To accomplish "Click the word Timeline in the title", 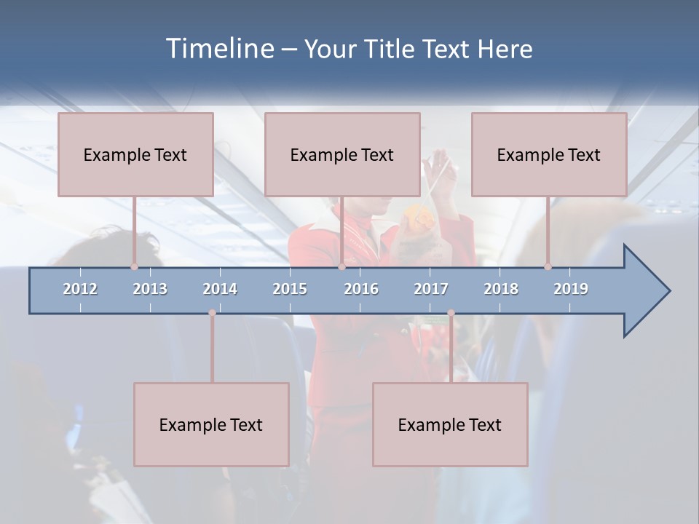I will coord(218,49).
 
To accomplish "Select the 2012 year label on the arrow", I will coord(80,289).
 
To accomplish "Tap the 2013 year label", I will coord(150,289).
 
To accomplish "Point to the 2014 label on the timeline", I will coord(220,289).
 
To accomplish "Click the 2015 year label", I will coord(290,289).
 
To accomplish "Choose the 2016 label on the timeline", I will coord(361,289).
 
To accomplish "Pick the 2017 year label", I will coord(431,289).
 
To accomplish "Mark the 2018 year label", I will coord(501,289).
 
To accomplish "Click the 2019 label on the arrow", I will coord(571,289).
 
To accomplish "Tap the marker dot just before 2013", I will coord(134,266).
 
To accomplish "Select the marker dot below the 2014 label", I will coord(212,313).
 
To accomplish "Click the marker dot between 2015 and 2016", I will coord(341,266).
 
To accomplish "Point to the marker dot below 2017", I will coord(451,313).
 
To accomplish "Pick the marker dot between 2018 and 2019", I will coord(548,266).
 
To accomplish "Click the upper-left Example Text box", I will coord(135,155).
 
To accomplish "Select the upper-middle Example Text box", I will coord(342,155).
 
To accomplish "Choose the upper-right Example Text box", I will coord(549,155).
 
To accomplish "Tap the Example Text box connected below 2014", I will coord(211,425).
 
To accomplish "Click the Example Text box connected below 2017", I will coord(450,425).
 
